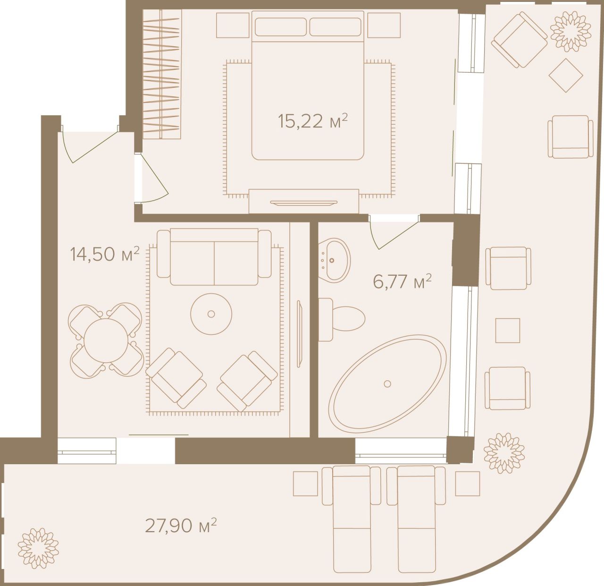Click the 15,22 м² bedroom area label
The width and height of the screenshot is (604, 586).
[313, 121]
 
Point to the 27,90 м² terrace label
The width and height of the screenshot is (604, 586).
[181, 526]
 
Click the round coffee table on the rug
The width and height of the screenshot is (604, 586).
[211, 314]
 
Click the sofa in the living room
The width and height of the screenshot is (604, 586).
[214, 257]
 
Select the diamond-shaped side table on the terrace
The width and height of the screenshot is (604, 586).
[566, 75]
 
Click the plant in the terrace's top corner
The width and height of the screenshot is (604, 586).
[570, 31]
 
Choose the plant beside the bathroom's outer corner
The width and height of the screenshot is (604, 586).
[504, 452]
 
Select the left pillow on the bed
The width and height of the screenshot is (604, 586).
[280, 27]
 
